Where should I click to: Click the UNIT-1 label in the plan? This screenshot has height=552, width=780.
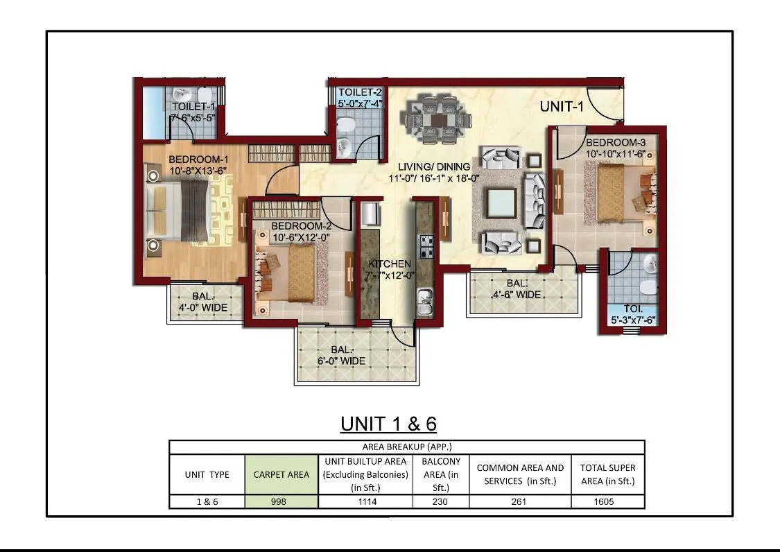[562, 106]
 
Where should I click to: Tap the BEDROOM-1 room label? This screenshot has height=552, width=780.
[198, 159]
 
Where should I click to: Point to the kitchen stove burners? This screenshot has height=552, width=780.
[426, 247]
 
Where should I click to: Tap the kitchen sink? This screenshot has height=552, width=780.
[425, 301]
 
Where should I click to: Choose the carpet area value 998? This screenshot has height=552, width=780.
[279, 502]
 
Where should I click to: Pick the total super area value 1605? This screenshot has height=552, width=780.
[604, 502]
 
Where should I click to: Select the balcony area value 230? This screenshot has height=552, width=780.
[440, 502]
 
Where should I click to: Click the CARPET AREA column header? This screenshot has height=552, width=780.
[281, 475]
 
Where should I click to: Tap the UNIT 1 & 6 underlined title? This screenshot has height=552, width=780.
[388, 424]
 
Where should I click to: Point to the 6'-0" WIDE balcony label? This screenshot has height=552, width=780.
[341, 361]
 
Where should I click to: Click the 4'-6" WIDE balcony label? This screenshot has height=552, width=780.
[517, 295]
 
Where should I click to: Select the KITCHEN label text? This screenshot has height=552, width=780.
[390, 264]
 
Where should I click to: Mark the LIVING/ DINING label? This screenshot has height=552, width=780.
[434, 167]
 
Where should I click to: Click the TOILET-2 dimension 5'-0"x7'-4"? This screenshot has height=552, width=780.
[360, 103]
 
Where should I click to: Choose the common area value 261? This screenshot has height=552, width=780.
[519, 502]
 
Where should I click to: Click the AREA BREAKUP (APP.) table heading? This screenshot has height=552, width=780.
[407, 447]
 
